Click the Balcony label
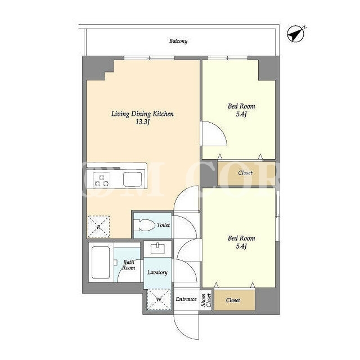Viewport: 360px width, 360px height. click(178, 41)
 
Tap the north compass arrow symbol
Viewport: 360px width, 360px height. click(296, 34)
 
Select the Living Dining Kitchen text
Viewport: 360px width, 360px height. click(142, 114)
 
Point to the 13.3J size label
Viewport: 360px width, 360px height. click(142, 122)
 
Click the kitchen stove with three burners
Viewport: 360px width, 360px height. click(101, 179)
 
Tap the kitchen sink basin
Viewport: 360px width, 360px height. click(132, 179)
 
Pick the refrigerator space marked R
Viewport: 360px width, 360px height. click(98, 227)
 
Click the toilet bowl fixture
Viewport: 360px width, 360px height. click(144, 225)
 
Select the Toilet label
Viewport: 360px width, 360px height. click(163, 225)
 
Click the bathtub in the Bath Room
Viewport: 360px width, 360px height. click(101, 263)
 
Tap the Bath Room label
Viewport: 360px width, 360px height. click(129, 265)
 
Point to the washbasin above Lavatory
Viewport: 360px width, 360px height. click(157, 249)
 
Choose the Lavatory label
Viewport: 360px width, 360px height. click(157, 272)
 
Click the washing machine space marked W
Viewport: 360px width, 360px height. click(159, 300)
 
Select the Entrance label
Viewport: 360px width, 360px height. click(186, 299)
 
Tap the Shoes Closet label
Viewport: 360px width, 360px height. click(206, 300)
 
